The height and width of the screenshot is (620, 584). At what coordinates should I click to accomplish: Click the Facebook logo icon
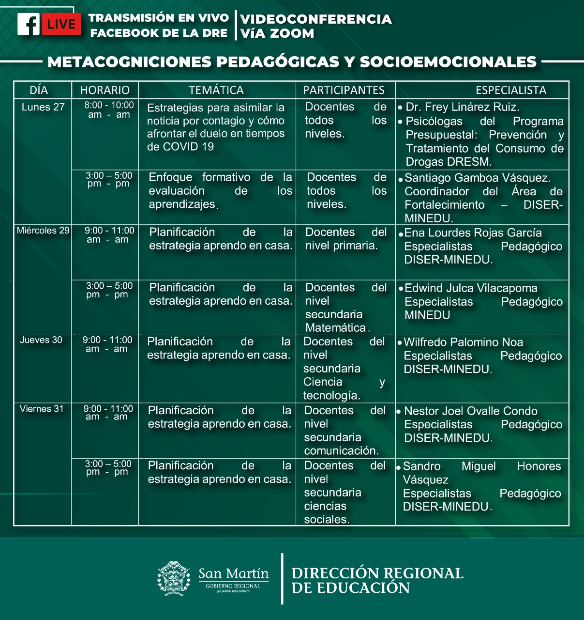click(29, 24)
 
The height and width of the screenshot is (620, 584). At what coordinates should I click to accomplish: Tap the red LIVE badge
click(61, 24)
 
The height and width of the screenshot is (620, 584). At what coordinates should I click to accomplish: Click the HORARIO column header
click(105, 90)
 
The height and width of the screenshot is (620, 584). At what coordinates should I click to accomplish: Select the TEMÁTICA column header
click(216, 90)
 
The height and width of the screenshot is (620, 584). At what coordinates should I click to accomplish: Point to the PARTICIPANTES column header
click(344, 90)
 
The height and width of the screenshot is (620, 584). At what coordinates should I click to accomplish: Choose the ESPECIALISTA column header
click(511, 90)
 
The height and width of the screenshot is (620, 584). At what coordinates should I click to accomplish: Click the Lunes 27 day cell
click(43, 108)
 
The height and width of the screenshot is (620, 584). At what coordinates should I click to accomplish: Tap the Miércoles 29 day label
click(43, 231)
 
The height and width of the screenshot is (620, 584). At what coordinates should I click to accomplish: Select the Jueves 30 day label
click(41, 340)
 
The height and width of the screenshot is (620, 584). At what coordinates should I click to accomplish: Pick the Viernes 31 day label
click(42, 409)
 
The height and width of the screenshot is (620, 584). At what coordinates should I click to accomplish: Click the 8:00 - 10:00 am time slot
click(109, 110)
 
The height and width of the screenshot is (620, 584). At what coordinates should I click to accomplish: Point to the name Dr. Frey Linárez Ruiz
click(462, 107)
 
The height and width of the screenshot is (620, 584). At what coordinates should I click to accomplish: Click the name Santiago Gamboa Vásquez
click(477, 178)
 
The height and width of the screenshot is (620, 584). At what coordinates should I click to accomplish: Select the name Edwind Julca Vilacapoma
click(471, 288)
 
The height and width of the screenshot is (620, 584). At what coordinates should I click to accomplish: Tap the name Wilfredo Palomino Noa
click(464, 342)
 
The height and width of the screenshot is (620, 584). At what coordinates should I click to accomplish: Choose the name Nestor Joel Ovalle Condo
click(470, 411)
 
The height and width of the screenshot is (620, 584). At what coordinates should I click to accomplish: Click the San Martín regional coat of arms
click(174, 578)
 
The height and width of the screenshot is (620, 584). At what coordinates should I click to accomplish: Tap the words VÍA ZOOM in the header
click(277, 33)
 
